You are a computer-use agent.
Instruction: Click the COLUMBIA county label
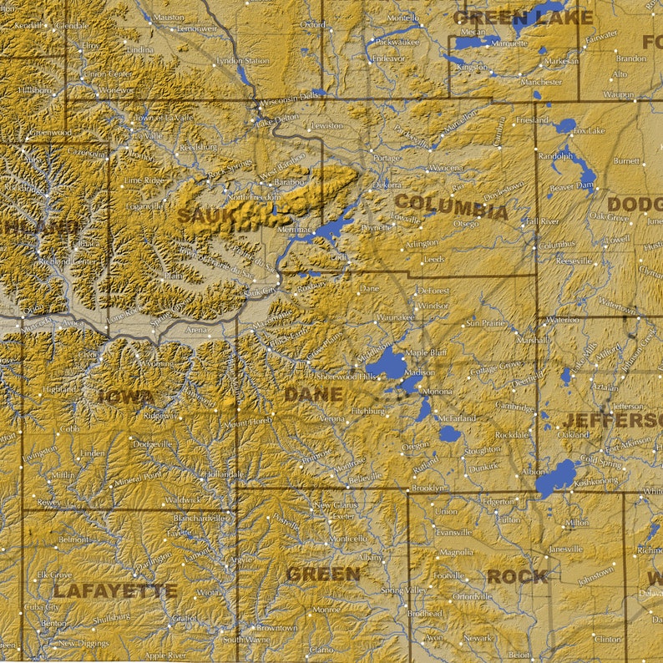click(450, 206)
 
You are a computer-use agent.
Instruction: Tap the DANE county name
click(312, 394)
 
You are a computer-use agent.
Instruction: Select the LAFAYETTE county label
click(115, 591)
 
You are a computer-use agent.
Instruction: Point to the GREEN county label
click(323, 574)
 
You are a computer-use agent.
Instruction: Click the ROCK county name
click(518, 576)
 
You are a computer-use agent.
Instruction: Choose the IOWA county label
click(125, 397)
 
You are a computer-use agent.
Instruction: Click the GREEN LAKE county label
click(523, 18)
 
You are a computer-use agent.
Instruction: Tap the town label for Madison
click(418, 372)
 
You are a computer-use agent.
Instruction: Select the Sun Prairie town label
click(485, 322)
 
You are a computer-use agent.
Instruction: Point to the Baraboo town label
click(289, 181)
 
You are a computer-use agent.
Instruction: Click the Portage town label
click(386, 158)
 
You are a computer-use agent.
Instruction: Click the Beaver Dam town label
click(571, 187)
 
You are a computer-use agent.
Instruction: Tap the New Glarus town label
click(335, 505)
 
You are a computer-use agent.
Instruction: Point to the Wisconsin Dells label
click(289, 98)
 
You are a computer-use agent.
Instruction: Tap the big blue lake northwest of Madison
click(386, 363)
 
